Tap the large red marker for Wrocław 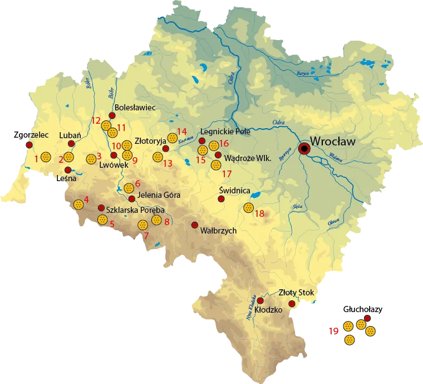[304, 149]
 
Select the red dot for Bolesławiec [111, 115]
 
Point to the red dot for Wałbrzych [195, 225]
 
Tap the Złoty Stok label [297, 293]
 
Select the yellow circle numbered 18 [248, 208]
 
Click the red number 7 [146, 236]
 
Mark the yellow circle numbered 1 [46, 157]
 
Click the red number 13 [168, 163]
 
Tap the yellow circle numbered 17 [216, 165]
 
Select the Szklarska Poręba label [135, 210]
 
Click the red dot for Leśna [68, 170]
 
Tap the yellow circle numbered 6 [129, 188]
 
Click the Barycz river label [303, 73]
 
